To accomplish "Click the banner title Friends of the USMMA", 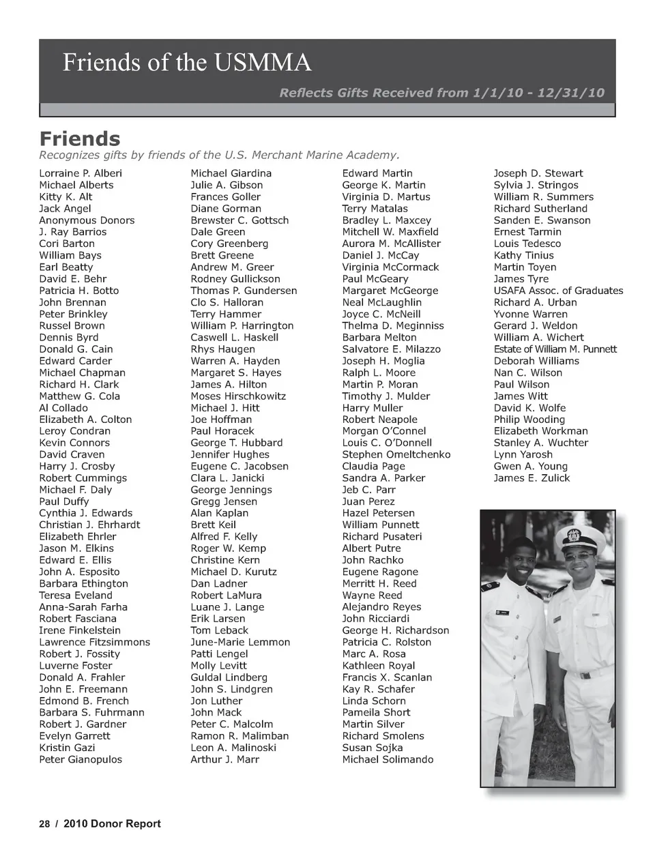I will tap(187, 63).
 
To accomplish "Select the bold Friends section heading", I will tap(80, 138).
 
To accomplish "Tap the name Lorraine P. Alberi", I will tap(80, 173).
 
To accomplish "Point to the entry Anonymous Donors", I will tap(87, 220).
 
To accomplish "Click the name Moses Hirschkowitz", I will tap(238, 396).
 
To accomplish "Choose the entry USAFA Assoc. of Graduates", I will tap(558, 291).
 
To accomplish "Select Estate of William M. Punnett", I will tap(555, 349).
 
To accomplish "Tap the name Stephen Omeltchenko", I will tap(396, 454).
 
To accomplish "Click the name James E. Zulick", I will tap(532, 478).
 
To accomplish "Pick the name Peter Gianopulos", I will tap(81, 759).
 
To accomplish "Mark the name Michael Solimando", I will tap(388, 759).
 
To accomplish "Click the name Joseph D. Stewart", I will tap(538, 173).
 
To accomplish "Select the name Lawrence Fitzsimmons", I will tap(94, 642).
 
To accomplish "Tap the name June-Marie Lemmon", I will tap(240, 642).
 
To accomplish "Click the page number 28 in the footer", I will tap(44, 823).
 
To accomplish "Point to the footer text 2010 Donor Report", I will tap(112, 823).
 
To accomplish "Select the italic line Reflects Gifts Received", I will tap(441, 93).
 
